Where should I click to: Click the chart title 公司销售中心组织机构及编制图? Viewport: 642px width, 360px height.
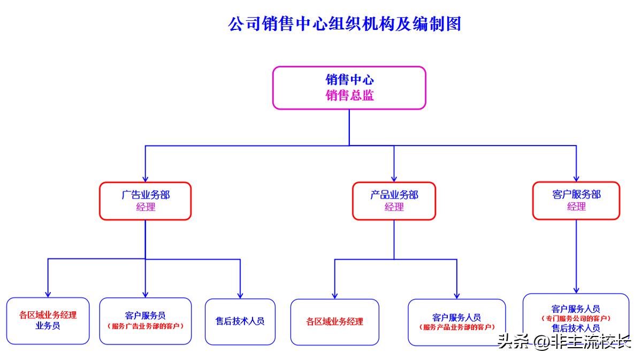click(x=345, y=24)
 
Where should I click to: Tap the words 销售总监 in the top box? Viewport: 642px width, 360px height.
click(x=349, y=96)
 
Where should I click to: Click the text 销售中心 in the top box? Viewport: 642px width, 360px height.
click(x=349, y=80)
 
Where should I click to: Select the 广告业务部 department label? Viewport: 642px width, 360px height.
click(x=146, y=195)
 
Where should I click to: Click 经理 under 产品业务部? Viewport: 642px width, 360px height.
click(x=394, y=207)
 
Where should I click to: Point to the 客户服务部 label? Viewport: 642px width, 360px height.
click(x=576, y=195)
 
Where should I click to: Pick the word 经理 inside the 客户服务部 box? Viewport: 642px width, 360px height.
click(x=576, y=206)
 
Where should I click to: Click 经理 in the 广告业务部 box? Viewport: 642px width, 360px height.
click(x=146, y=207)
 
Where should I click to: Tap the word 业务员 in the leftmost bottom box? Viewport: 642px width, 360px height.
click(x=48, y=325)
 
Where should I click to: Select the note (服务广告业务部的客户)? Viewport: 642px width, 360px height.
click(x=146, y=326)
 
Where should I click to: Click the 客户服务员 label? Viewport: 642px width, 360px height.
click(x=146, y=316)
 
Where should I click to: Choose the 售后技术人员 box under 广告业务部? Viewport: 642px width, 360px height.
click(x=240, y=321)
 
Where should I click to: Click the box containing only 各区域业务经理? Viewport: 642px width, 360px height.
click(x=335, y=322)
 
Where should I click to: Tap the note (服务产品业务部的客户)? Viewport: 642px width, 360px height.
click(x=457, y=327)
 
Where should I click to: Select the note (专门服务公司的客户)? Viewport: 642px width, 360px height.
click(x=576, y=318)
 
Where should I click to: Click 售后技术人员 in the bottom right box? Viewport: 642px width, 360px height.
click(x=576, y=328)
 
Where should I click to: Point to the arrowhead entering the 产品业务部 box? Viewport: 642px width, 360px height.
click(x=394, y=178)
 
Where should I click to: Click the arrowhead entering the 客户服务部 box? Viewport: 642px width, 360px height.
click(x=576, y=178)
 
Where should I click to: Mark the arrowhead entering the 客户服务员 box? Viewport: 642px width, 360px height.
click(x=146, y=294)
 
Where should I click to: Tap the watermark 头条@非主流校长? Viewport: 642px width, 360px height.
click(x=564, y=341)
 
